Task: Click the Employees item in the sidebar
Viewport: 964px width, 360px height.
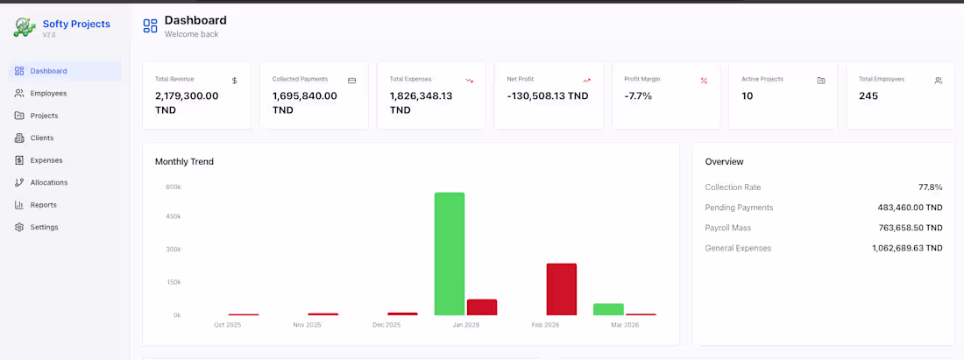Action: pyautogui.click(x=47, y=93)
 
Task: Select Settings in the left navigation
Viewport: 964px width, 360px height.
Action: pyautogui.click(x=44, y=227)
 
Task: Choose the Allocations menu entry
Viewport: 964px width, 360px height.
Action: pyautogui.click(x=48, y=182)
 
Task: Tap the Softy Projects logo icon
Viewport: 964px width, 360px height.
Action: pyautogui.click(x=24, y=26)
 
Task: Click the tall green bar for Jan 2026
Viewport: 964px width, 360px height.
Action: pyautogui.click(x=450, y=253)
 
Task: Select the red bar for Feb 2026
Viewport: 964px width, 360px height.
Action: pyautogui.click(x=562, y=289)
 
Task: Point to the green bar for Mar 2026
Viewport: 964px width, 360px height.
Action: pyautogui.click(x=608, y=309)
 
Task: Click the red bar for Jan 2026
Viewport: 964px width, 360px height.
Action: pyautogui.click(x=482, y=307)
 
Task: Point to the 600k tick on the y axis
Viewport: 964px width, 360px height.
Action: pyautogui.click(x=173, y=187)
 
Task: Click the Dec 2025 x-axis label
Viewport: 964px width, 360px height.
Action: pyautogui.click(x=386, y=325)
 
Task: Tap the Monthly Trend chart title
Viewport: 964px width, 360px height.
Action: pyautogui.click(x=184, y=161)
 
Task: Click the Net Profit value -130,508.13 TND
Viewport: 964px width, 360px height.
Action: pyautogui.click(x=548, y=95)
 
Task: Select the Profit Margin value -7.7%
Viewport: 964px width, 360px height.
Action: pyautogui.click(x=638, y=95)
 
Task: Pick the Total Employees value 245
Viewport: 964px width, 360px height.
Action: pyautogui.click(x=868, y=95)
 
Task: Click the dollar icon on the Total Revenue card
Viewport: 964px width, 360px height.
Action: pyautogui.click(x=235, y=81)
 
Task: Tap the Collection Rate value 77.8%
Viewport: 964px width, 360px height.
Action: pyautogui.click(x=930, y=187)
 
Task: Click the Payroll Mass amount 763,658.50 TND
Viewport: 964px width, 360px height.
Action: pyautogui.click(x=908, y=228)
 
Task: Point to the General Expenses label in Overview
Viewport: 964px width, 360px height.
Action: pyautogui.click(x=738, y=248)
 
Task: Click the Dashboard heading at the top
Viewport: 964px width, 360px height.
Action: pyautogui.click(x=195, y=20)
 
